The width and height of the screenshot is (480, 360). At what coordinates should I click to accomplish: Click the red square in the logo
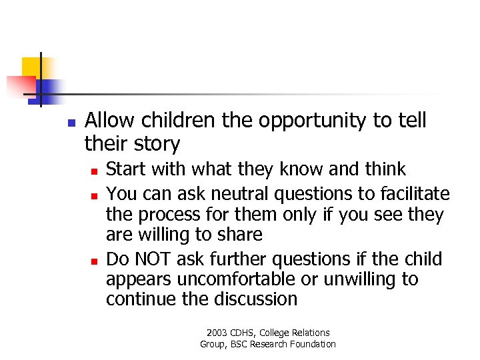[20, 85]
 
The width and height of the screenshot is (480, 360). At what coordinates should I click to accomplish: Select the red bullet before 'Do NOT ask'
[94, 260]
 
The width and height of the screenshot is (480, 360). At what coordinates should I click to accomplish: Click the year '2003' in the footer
[217, 333]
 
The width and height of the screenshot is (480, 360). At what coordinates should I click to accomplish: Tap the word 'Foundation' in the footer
[313, 344]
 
